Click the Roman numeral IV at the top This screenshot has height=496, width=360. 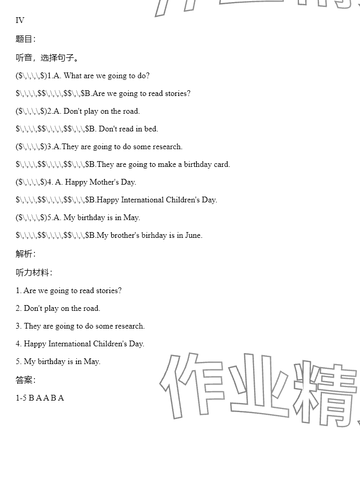pyautogui.click(x=20, y=20)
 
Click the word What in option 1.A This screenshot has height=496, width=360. pyautogui.click(x=72, y=76)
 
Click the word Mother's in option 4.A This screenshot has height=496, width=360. pyautogui.click(x=104, y=182)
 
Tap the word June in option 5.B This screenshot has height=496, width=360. pyautogui.click(x=194, y=235)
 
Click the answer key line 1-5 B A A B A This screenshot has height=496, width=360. pyautogui.click(x=40, y=398)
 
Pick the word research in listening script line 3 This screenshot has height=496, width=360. pyautogui.click(x=129, y=326)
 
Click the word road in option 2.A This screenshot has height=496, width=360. pyautogui.click(x=131, y=111)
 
